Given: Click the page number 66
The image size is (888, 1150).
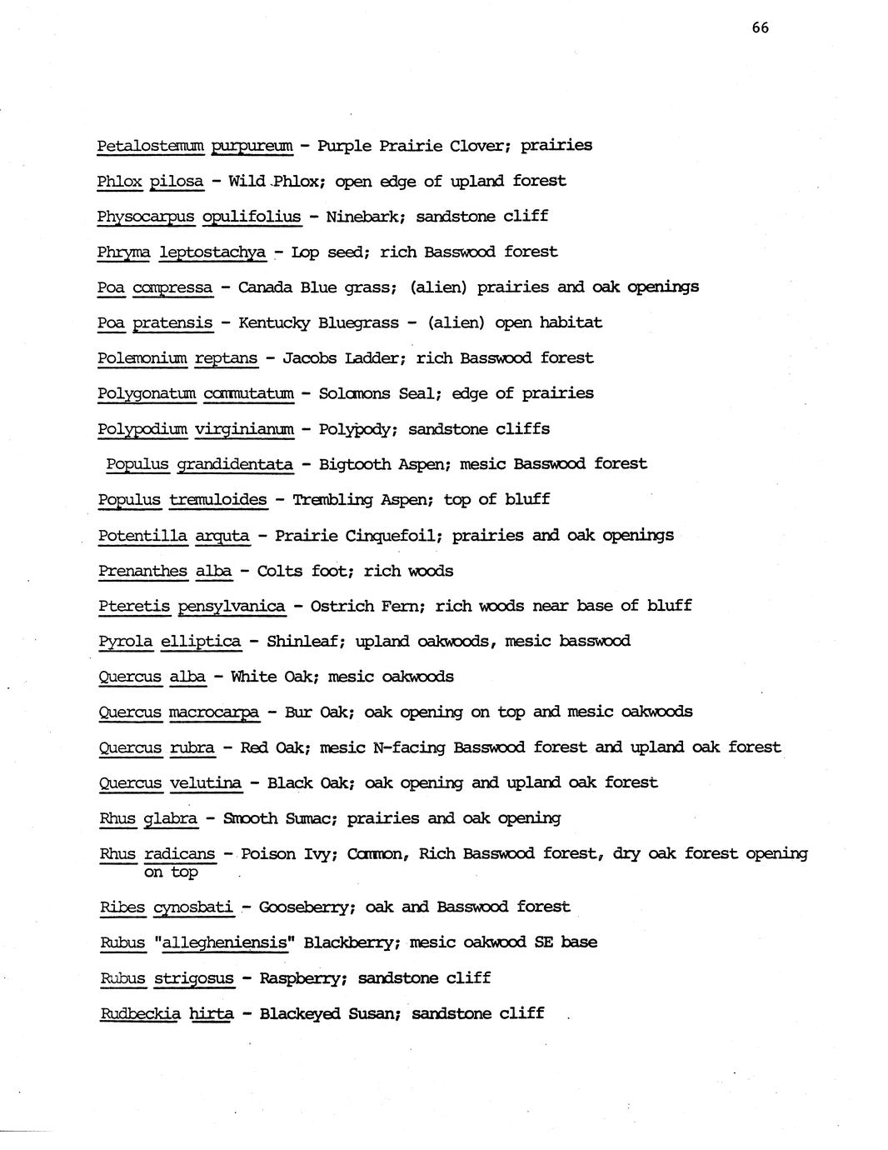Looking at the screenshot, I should pos(760,27).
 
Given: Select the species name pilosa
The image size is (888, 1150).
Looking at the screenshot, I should pos(177,181).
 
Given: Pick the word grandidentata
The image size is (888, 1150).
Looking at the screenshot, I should pos(235,464).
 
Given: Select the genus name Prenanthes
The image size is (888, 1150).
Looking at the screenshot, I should pos(142,571).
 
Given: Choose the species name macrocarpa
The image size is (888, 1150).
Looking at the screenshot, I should pos(214,712).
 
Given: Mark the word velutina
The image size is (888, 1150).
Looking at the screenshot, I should pos(206,783).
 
